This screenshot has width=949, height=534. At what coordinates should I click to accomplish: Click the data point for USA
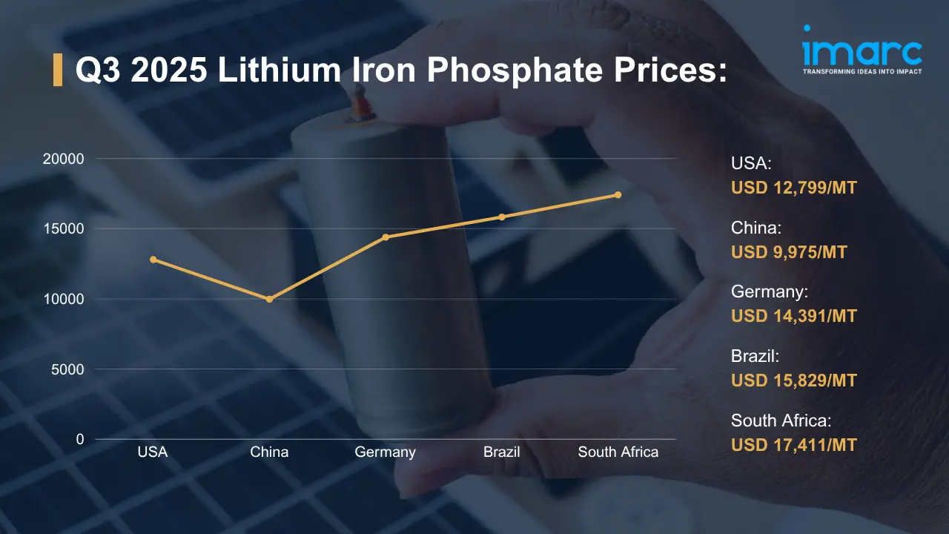coord(153,260)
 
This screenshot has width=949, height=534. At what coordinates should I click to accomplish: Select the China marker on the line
coord(269,299)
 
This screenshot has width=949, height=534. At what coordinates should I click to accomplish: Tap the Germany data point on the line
coord(386,237)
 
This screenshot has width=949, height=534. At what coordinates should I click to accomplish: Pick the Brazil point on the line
coord(502,217)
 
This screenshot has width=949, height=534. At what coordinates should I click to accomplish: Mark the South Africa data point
coord(618,195)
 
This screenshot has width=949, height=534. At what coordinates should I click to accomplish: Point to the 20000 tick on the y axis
coord(63,159)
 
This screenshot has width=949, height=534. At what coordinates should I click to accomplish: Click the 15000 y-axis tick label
coord(63,229)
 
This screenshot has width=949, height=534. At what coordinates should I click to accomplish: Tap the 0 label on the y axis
coord(79,440)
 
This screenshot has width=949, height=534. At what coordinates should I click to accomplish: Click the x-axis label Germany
coord(386,452)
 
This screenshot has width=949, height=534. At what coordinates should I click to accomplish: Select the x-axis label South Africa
coord(618,452)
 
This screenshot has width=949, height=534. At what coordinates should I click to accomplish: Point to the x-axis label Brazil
coord(502,452)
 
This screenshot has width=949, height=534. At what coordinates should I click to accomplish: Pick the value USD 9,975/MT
coord(789,252)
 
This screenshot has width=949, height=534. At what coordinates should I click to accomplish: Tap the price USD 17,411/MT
coord(793,445)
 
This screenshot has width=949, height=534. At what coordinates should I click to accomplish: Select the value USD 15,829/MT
coord(793,380)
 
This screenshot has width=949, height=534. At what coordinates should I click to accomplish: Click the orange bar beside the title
coord(58,70)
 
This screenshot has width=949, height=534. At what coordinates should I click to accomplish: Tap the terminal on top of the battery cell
coord(361,104)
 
